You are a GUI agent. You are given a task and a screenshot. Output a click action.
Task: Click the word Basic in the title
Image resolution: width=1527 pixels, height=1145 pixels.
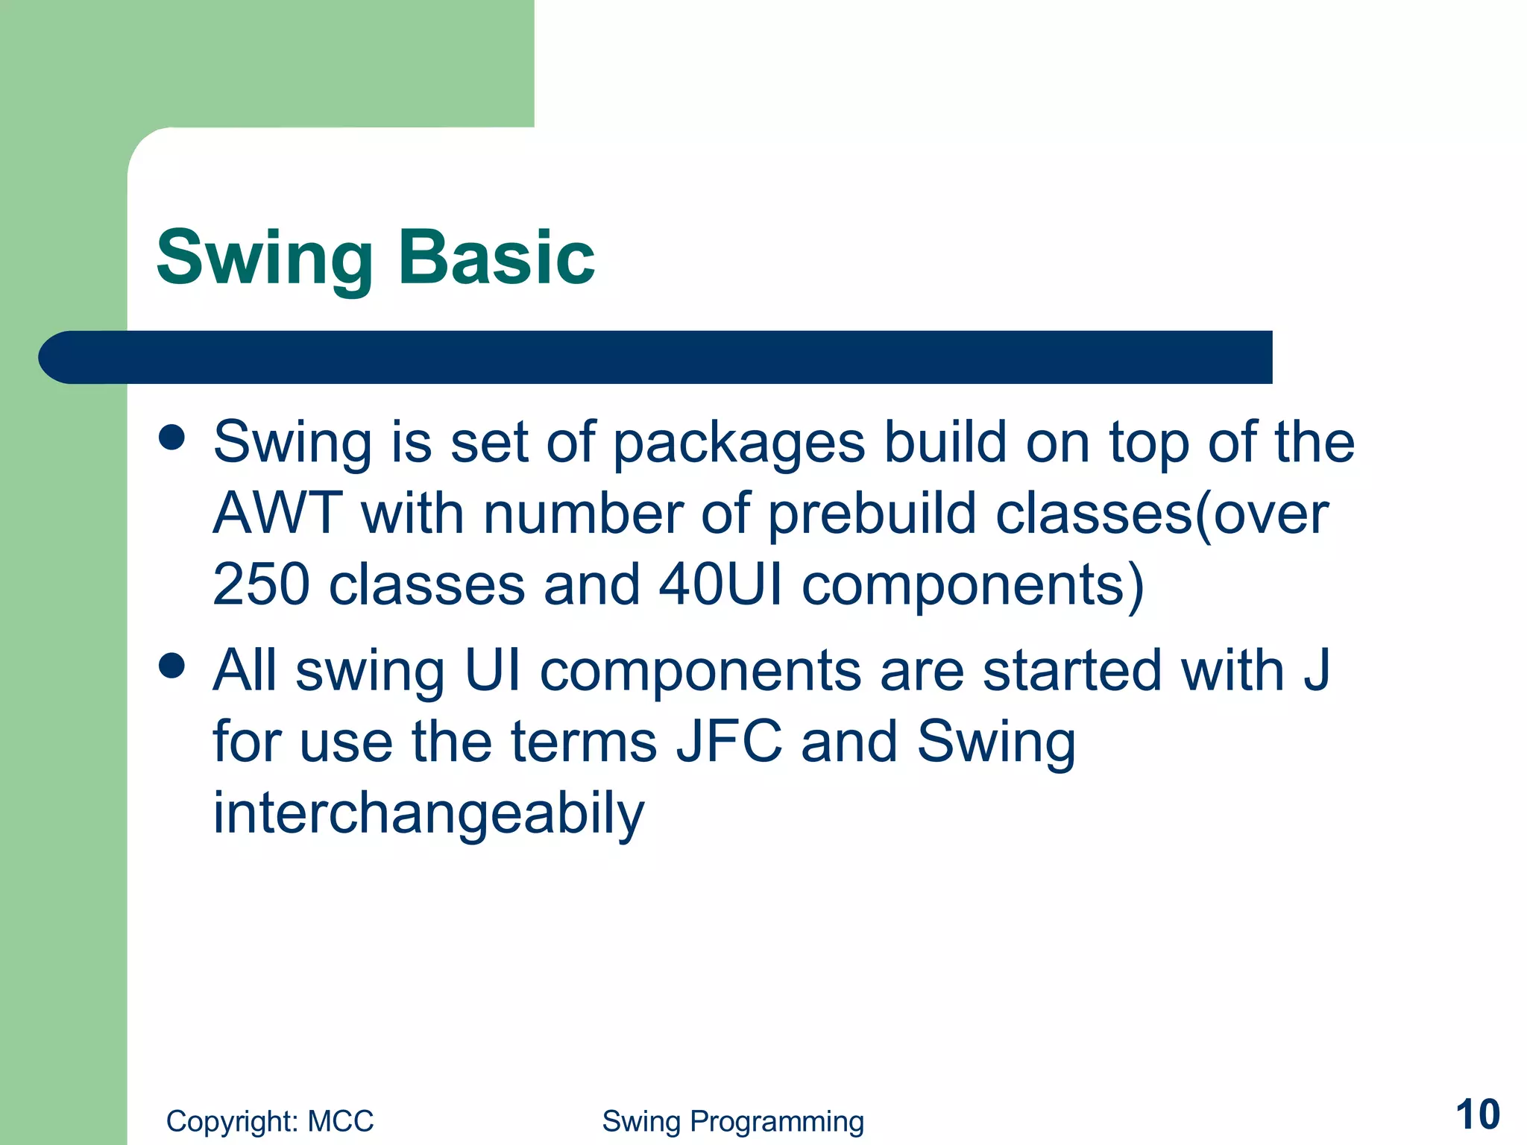497,257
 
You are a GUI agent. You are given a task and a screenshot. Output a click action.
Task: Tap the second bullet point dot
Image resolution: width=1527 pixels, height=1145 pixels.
172,666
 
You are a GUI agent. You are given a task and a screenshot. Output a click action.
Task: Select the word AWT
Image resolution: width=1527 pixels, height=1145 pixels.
277,514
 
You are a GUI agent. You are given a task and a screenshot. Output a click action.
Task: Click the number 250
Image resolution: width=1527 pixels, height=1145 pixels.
261,585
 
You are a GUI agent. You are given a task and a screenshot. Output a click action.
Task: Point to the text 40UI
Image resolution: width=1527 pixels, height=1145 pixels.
720,585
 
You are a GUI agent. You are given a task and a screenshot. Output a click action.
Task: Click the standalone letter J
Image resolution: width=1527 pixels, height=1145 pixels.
1316,669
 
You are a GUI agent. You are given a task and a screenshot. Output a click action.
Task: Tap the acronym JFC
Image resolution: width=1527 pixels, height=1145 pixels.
728,742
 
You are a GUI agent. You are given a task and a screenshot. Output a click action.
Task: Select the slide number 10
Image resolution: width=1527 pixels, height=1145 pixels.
1477,1115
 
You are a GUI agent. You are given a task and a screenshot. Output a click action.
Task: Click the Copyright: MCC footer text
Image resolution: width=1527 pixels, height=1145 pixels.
270,1121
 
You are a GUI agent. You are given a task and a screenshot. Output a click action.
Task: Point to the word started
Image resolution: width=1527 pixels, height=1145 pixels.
1072,669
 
